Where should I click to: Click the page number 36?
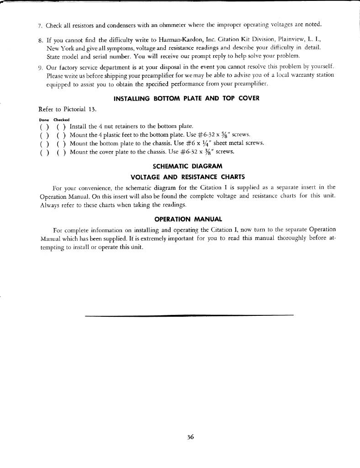click(191, 436)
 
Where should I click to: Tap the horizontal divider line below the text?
click(189, 315)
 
